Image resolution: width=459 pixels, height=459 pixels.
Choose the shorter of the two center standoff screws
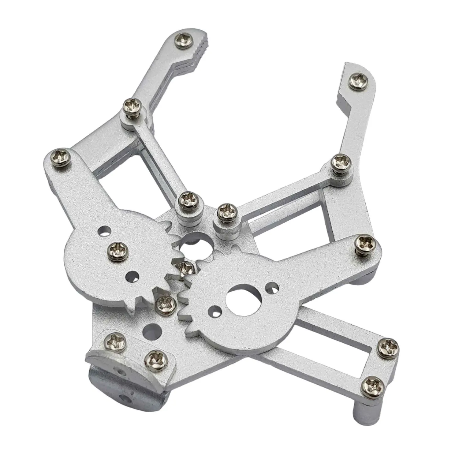[x=227, y=211]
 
